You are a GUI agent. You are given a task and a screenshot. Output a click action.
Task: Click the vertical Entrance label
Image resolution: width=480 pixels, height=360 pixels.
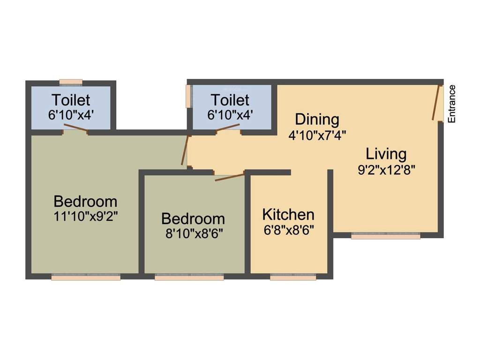[452, 104]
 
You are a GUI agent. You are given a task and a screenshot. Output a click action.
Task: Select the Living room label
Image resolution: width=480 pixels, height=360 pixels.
[386, 154]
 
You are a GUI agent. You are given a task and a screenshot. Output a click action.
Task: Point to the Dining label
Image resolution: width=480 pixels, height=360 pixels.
[317, 119]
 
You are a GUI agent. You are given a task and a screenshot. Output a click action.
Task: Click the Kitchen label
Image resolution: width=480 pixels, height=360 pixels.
[288, 215]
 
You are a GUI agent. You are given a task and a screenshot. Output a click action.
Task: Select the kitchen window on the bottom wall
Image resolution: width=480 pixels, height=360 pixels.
[293, 277]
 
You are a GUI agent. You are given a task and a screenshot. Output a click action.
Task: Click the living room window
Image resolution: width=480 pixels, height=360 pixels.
[385, 236]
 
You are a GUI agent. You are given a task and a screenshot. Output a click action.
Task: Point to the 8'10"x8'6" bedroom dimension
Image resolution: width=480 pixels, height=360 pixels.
[193, 233]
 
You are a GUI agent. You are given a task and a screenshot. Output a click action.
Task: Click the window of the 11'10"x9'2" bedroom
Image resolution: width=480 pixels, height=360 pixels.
[86, 277]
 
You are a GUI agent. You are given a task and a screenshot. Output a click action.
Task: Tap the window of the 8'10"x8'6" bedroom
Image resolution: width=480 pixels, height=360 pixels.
[189, 277]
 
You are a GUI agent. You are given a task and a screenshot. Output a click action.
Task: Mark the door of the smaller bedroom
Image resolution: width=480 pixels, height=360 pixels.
[230, 177]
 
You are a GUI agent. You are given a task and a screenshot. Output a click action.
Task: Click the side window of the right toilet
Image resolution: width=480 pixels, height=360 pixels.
[188, 96]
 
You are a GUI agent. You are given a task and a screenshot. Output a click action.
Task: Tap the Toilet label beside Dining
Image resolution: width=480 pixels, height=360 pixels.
[230, 100]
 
